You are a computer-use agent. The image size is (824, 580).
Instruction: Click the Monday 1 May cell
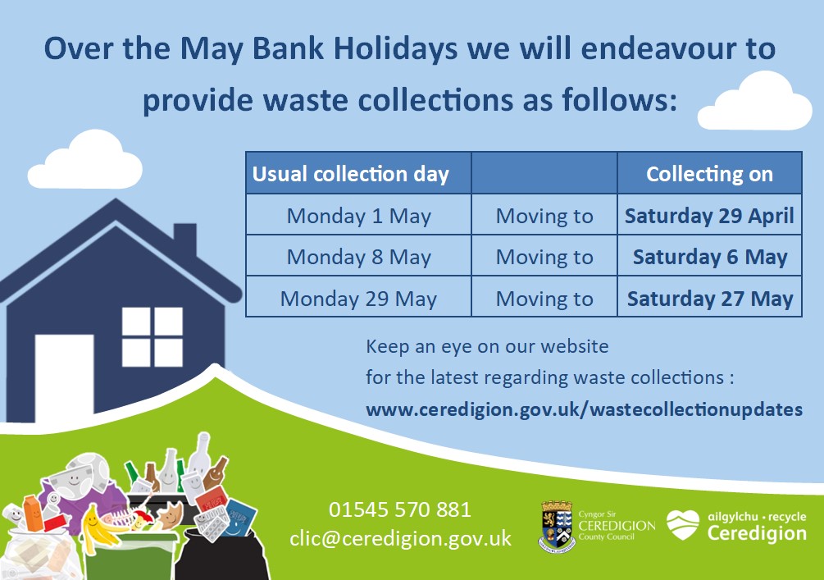click(x=358, y=215)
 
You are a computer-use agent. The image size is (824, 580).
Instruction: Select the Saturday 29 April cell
click(x=709, y=215)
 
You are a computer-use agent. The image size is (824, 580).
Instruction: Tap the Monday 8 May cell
click(x=358, y=256)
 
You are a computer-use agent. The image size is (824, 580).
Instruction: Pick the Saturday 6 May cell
click(x=709, y=256)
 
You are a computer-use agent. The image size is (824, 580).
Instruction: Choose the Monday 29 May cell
click(x=358, y=297)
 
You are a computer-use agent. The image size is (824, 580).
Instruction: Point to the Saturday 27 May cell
click(x=709, y=297)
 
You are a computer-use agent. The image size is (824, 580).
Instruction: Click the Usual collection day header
click(x=358, y=173)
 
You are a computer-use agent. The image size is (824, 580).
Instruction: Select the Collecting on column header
click(x=709, y=173)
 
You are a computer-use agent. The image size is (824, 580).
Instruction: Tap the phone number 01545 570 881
click(x=400, y=509)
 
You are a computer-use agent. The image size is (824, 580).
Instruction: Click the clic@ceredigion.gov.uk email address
click(x=400, y=538)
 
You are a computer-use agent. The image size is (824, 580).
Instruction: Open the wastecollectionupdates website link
click(x=584, y=409)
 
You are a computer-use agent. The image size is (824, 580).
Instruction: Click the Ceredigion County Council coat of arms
click(x=557, y=526)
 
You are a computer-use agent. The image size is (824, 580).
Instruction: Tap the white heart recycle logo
click(x=683, y=524)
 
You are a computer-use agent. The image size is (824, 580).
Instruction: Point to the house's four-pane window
click(x=153, y=337)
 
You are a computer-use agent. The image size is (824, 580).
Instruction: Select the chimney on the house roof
click(x=185, y=240)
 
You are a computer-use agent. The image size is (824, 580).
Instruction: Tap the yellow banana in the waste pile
click(x=100, y=528)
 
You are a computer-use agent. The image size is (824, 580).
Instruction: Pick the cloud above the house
click(x=85, y=159)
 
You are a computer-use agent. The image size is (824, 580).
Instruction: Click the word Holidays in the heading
click(x=396, y=49)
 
